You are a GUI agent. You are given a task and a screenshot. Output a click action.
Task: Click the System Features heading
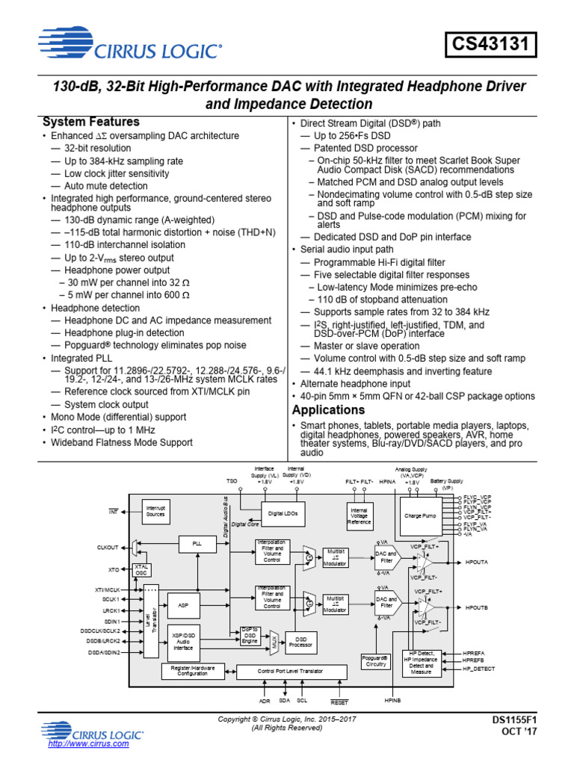(91, 122)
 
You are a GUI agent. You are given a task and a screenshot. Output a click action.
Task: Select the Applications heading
(328, 410)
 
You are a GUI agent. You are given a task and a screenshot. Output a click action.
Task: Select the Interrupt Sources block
(155, 511)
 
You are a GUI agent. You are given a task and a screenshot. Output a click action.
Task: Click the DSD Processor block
(301, 642)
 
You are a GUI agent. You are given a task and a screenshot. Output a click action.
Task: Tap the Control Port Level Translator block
(290, 671)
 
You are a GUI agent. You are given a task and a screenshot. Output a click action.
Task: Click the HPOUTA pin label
(477, 560)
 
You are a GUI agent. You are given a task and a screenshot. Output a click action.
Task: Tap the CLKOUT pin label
(108, 548)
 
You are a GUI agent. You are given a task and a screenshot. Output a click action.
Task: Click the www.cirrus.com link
(88, 744)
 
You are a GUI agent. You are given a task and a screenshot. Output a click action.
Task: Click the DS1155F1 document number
(514, 720)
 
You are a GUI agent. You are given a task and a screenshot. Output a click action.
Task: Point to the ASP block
(184, 604)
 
